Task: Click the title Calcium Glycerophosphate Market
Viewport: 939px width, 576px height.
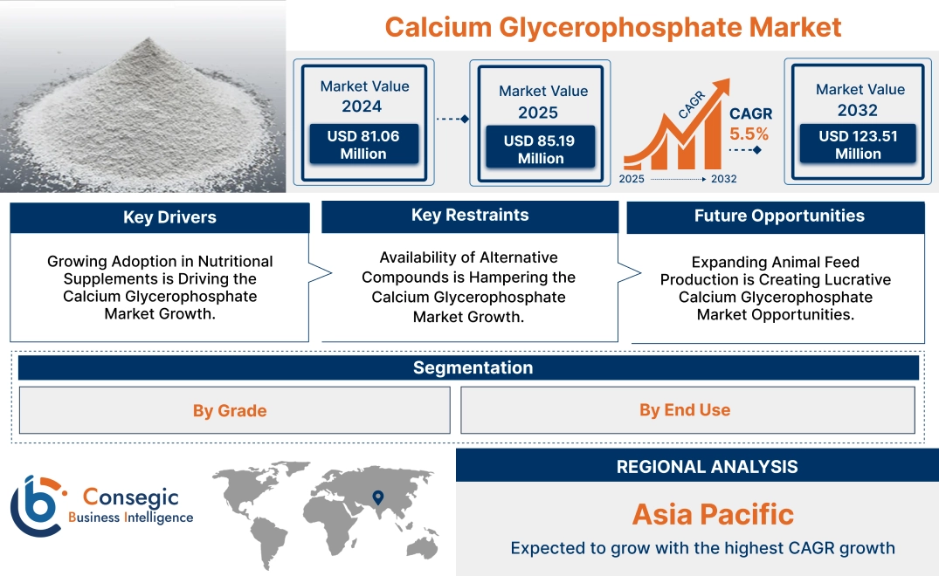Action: point(612,27)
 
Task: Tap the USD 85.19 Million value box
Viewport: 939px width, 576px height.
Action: point(540,149)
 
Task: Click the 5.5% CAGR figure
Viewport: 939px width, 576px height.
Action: point(749,134)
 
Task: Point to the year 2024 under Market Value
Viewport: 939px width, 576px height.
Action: point(362,106)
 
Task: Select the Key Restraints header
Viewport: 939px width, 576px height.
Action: point(470,216)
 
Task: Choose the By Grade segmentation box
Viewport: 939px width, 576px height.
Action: point(230,410)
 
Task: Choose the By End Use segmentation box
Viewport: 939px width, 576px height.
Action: point(685,410)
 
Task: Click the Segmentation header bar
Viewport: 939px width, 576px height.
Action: point(473,367)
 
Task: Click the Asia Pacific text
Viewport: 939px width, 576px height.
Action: point(713,514)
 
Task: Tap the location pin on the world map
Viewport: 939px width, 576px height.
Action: point(377,497)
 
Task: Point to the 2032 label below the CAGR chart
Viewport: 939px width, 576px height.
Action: point(723,179)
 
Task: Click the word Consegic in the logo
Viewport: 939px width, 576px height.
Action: point(130,497)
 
